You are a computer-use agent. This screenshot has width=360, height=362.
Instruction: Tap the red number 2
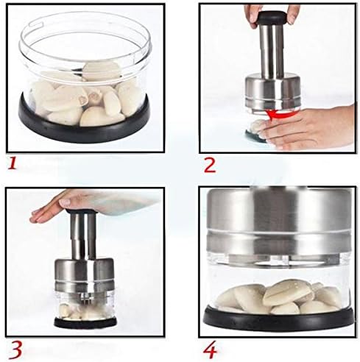[208, 164]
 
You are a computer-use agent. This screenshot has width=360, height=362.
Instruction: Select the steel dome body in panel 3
[87, 276]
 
